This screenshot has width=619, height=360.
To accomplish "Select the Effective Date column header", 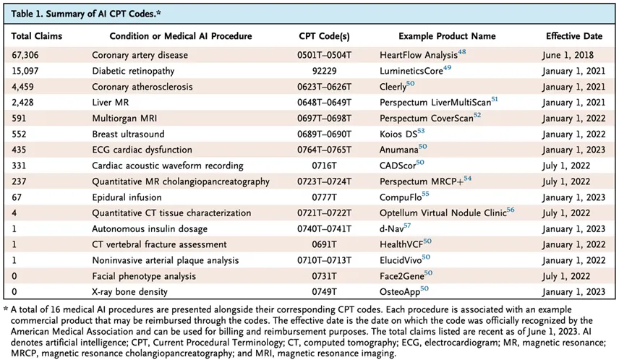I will point(571,35).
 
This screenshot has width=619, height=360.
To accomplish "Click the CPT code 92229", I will point(324,70).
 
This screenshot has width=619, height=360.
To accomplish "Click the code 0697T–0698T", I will point(324,118).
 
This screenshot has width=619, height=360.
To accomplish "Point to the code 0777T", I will point(324,197).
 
